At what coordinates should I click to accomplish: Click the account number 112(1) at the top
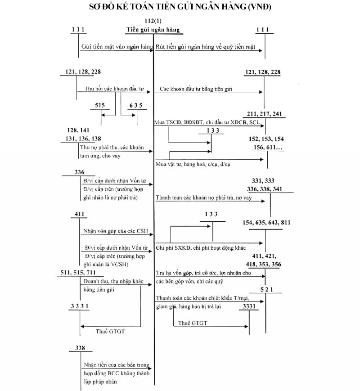pyautogui.click(x=153, y=22)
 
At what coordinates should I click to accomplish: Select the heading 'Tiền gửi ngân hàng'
pyautogui.click(x=153, y=30)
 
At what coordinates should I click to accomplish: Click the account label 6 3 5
pyautogui.click(x=135, y=105)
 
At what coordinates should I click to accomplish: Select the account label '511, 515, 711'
pyautogui.click(x=77, y=273)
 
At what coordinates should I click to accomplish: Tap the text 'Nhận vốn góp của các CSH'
pyautogui.click(x=115, y=232)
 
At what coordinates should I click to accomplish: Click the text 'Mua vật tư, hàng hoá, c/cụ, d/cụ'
pyautogui.click(x=193, y=165)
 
